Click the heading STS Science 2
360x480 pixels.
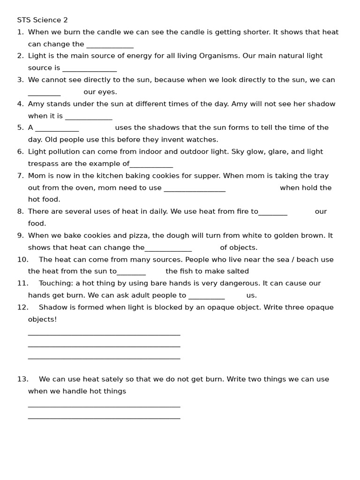42,20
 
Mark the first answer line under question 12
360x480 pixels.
104,334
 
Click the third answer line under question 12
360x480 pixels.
104,358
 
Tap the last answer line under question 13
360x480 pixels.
104,418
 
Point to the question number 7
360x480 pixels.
20,176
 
